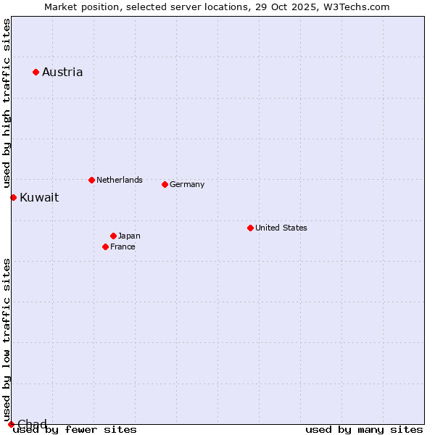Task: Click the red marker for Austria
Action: [36, 72]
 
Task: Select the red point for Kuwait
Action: [13, 197]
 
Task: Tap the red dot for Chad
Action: [11, 424]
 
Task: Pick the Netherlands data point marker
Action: [91, 180]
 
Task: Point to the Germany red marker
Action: [165, 184]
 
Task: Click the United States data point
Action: [250, 228]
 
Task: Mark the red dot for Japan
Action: [113, 236]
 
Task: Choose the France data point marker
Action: [105, 246]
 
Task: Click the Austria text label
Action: [62, 72]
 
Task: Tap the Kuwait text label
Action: [39, 197]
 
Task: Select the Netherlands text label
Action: [120, 180]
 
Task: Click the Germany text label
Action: [187, 184]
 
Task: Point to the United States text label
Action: [281, 228]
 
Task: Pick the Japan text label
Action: [129, 236]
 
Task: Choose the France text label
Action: [123, 246]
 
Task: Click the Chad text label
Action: [32, 424]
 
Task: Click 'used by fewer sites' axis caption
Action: [75, 430]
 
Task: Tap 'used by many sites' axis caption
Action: [364, 430]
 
